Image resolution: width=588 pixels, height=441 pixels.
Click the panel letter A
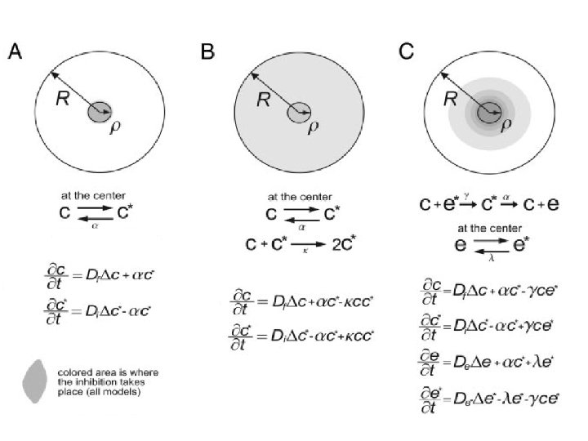click(15, 53)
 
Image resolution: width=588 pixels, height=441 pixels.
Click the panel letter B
click(208, 53)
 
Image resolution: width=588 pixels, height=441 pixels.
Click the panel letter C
click(406, 53)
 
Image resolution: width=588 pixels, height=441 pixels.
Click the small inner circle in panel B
click(298, 111)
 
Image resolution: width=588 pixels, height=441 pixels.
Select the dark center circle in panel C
click(490, 111)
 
